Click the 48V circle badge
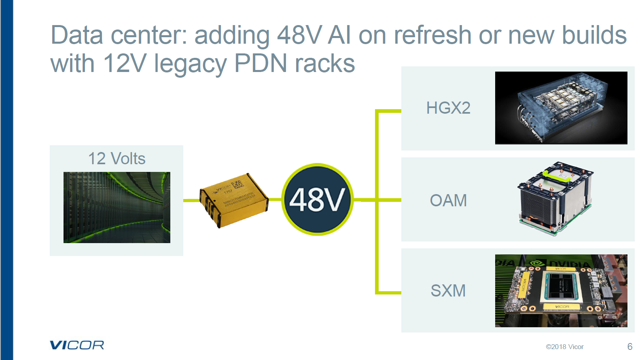tap(317, 199)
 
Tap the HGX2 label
tap(448, 108)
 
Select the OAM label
tap(448, 200)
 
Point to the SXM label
tap(448, 290)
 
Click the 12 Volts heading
tap(117, 159)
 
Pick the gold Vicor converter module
tap(233, 200)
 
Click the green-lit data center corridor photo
tap(117, 208)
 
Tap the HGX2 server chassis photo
tap(561, 108)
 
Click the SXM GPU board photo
tap(561, 290)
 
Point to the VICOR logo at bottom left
tap(77, 345)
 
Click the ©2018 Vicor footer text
tap(564, 347)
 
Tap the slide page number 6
tap(629, 347)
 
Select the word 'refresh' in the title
tap(432, 35)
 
